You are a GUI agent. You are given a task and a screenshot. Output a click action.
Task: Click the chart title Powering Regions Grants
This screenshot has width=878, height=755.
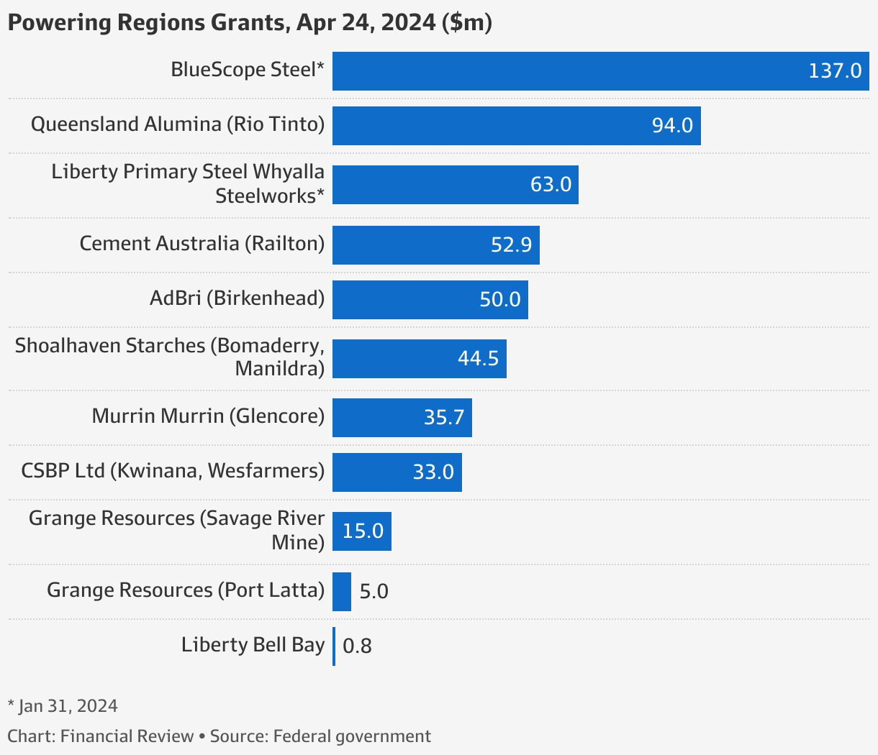249,23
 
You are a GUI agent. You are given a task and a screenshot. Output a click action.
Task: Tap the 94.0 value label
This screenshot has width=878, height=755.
672,125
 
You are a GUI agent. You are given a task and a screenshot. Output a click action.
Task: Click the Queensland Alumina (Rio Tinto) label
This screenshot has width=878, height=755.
178,124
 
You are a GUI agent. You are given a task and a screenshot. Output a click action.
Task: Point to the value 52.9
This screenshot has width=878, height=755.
511,244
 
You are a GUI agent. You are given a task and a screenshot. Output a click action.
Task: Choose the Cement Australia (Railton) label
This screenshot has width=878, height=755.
202,244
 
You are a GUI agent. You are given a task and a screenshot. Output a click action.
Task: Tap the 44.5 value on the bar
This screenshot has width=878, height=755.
478,358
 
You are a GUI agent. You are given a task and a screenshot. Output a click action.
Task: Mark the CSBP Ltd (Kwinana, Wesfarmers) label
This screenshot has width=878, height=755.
173,471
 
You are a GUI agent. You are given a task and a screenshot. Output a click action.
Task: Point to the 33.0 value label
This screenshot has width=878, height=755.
433,472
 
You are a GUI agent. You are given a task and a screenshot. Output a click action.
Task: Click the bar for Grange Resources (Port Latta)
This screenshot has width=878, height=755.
342,591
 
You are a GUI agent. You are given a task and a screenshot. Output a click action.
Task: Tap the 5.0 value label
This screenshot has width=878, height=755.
374,592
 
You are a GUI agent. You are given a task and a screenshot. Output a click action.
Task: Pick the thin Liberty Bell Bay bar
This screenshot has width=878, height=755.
334,646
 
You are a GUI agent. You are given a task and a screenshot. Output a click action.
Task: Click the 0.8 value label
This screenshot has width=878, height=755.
357,646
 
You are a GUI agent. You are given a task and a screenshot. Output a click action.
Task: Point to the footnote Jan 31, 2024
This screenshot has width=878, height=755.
63,706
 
